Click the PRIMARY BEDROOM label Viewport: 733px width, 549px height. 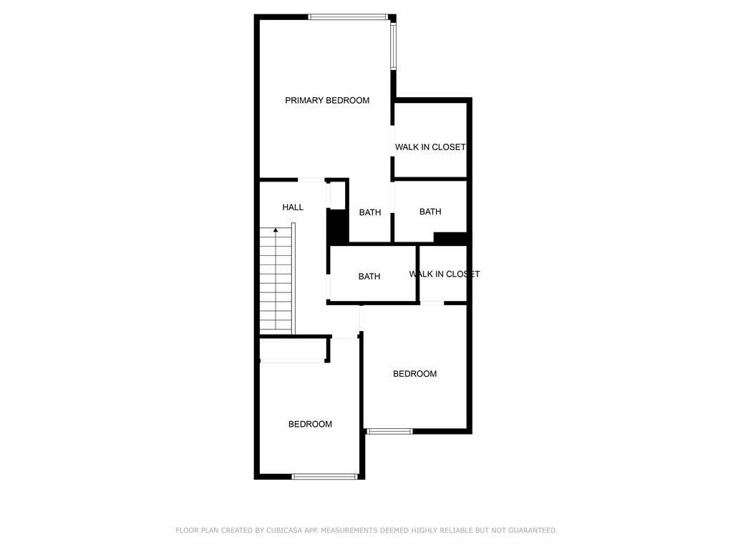coord(327,100)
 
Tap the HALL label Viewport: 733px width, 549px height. coord(293,207)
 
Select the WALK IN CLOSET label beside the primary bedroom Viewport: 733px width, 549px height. coord(430,147)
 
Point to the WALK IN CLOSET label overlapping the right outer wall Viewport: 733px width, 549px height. coord(445,274)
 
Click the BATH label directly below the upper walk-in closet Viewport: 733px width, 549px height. coord(430,212)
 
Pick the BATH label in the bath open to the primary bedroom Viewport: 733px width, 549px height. coord(370,212)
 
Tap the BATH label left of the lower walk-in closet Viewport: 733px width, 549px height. coord(369,277)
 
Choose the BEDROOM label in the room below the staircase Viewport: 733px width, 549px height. coord(311,424)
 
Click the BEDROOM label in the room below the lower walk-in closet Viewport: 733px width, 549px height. coord(414,373)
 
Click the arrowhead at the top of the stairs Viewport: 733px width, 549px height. coord(276,229)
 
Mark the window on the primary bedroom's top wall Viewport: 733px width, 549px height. coord(349,17)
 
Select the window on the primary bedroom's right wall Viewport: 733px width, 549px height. coord(394,46)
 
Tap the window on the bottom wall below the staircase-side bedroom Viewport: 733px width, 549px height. coord(325,477)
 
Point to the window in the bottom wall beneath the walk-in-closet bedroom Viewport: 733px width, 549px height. coord(389,431)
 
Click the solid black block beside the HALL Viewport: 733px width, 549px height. coord(338,226)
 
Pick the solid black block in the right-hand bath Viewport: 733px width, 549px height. coord(451,237)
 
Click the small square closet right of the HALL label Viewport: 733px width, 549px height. coord(337,194)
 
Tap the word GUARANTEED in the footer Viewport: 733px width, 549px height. coord(533,530)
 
